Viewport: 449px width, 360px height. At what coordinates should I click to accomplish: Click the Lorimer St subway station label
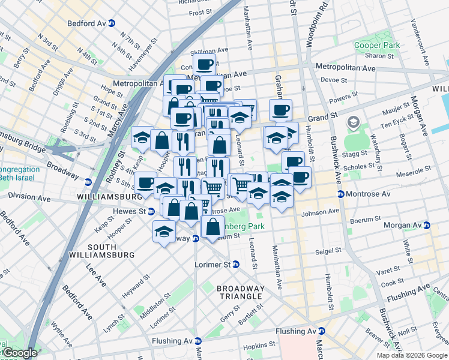click(x=214, y=264)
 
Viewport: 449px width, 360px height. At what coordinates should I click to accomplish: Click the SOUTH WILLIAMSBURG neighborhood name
click(x=110, y=251)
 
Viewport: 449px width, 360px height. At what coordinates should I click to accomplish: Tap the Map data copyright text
click(x=411, y=355)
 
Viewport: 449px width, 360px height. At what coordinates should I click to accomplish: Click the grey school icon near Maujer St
click(x=351, y=123)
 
